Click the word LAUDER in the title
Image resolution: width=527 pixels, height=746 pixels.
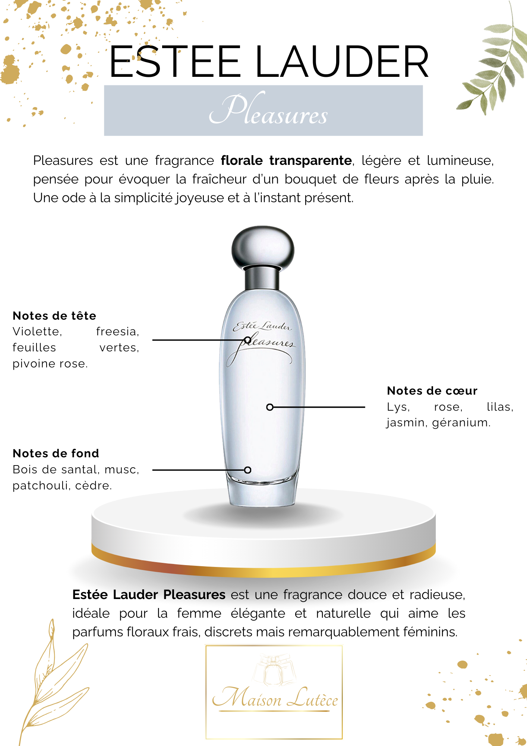click(342, 62)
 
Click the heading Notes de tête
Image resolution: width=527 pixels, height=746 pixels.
click(54, 316)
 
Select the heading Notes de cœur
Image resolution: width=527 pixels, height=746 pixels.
click(432, 391)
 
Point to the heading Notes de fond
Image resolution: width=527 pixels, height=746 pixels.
click(56, 453)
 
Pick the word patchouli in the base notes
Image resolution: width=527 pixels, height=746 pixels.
click(41, 486)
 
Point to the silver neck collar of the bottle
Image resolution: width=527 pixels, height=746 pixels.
click(262, 278)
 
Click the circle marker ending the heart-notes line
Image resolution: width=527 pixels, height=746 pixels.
click(270, 407)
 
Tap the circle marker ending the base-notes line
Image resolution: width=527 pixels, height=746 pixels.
click(247, 470)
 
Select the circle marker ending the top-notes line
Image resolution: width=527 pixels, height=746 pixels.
click(247, 340)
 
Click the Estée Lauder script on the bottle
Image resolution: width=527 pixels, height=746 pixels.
click(262, 326)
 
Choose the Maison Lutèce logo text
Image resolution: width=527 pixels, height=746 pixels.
click(275, 698)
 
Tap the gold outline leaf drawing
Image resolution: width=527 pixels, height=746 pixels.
click(54, 683)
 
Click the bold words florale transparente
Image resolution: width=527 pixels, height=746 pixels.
click(286, 160)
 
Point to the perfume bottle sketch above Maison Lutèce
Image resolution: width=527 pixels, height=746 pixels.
click(274, 670)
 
